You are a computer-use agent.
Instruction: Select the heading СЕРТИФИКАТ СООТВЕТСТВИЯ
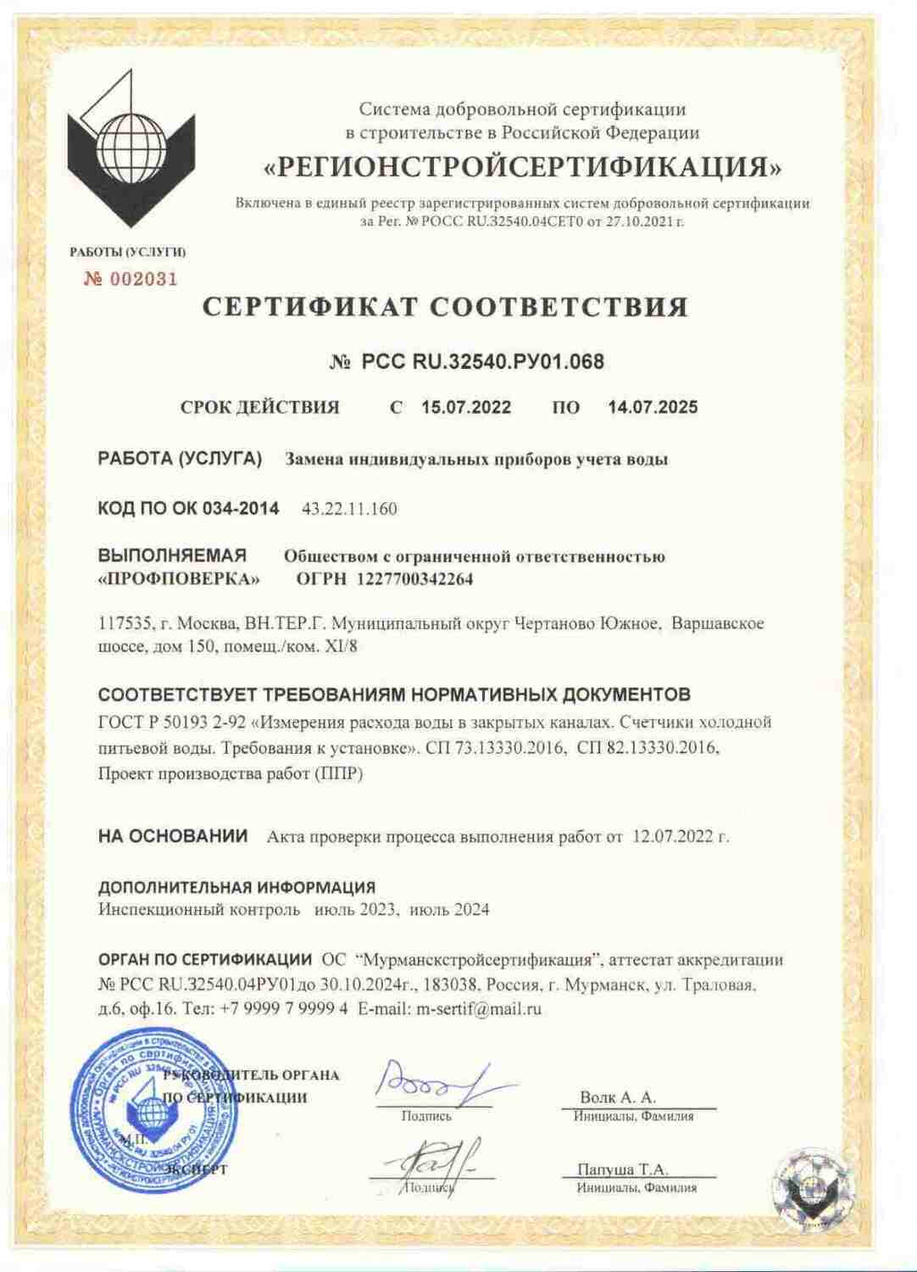(445, 306)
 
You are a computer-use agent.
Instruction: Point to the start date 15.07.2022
(466, 407)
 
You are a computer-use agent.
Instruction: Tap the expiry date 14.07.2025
(653, 407)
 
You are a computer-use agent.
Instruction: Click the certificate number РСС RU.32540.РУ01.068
(483, 362)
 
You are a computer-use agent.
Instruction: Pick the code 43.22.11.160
(349, 509)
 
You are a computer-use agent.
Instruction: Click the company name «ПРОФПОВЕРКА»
(180, 579)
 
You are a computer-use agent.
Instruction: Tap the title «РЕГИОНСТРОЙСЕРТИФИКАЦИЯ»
(522, 167)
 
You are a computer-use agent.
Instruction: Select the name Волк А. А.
(618, 1097)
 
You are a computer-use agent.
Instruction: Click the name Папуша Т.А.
(623, 1169)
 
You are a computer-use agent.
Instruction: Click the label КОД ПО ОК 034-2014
(188, 509)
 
